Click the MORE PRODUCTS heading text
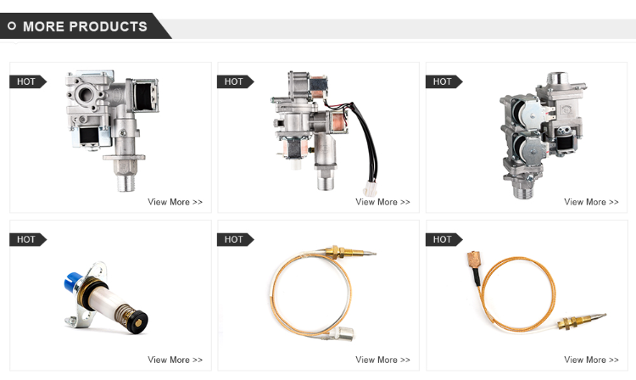(x=85, y=26)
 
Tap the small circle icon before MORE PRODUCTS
(x=12, y=26)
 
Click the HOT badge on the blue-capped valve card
(x=26, y=239)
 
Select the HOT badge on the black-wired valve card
(x=234, y=81)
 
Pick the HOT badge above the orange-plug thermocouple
(x=443, y=239)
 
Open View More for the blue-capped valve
(x=175, y=360)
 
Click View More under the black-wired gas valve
(x=382, y=202)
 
